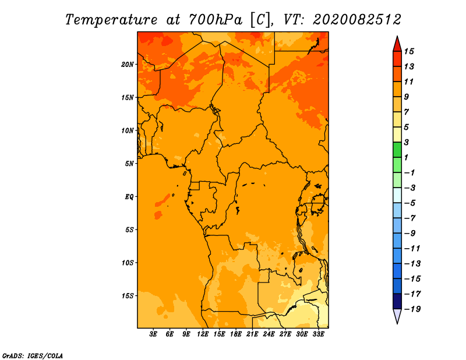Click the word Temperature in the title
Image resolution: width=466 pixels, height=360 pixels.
coord(111,20)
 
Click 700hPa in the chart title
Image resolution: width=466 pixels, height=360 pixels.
coord(216,20)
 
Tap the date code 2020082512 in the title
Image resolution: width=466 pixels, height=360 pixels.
coord(357,20)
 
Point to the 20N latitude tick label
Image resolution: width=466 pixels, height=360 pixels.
coord(128,65)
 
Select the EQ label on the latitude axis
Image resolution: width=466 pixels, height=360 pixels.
coord(129,197)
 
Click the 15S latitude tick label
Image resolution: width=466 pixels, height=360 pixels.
coord(128,296)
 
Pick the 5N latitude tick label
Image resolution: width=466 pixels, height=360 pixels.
coord(129,164)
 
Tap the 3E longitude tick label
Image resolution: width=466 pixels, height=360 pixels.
coord(153,334)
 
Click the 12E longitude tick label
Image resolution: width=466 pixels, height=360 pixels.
coord(203,334)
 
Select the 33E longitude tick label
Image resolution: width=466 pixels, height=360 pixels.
coord(318,334)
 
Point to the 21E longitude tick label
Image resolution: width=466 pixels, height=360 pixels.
coord(252,334)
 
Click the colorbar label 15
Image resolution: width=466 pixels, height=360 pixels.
coord(409,51)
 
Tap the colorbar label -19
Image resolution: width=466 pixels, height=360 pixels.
coord(412,309)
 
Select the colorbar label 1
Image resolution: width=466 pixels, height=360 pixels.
coord(406,157)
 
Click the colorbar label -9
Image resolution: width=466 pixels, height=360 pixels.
coord(410,234)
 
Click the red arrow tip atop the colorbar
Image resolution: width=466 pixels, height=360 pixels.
coord(397,37)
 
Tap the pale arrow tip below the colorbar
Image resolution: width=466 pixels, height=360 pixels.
coord(397,323)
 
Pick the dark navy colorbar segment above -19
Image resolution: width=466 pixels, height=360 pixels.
coord(397,301)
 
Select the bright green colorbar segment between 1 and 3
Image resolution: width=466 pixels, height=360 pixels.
coord(397,150)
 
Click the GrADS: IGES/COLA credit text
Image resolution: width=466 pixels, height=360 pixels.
coord(33,356)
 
